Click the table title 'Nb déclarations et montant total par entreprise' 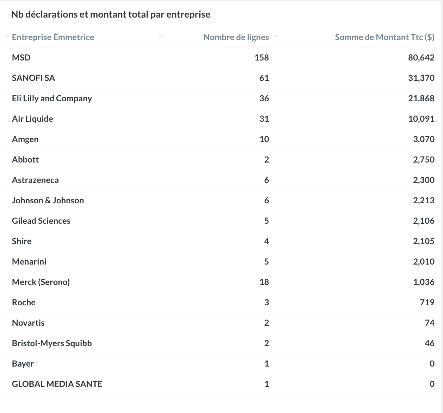[x=111, y=14]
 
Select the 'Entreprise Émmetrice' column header [x=53, y=37]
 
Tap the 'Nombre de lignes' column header [x=236, y=37]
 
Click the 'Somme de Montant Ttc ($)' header [x=385, y=37]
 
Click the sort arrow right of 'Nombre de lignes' [x=276, y=36]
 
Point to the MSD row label [x=21, y=58]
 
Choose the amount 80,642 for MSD [x=421, y=58]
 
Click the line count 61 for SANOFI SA [x=264, y=78]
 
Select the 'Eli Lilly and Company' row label [x=52, y=99]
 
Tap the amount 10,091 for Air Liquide [x=421, y=119]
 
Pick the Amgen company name [x=25, y=139]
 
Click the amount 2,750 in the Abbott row [x=424, y=160]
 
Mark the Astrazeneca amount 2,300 [x=424, y=180]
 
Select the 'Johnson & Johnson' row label [x=48, y=201]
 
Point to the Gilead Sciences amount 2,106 [x=424, y=221]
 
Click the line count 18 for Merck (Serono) [x=264, y=282]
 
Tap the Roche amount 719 [x=427, y=303]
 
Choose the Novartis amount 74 [x=430, y=323]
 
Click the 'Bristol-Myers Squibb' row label [x=52, y=343]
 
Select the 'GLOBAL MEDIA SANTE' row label [x=57, y=384]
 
